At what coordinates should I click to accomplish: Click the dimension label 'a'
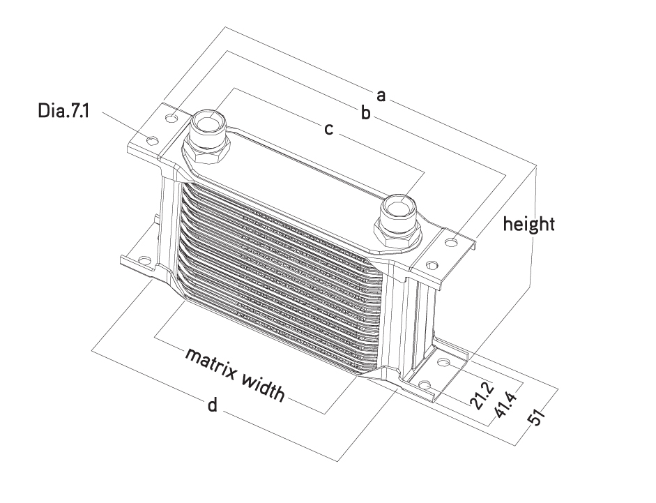point(381,96)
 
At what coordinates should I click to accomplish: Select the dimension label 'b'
point(366,112)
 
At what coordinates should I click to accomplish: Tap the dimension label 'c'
point(329,129)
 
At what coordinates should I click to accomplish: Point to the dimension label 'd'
point(213,405)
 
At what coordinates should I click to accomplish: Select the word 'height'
point(529,224)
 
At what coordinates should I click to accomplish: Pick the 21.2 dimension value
point(482,395)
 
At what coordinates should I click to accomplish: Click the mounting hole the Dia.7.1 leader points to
point(152,140)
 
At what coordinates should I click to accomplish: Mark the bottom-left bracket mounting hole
point(144,260)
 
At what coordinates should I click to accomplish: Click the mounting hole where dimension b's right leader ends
point(452,242)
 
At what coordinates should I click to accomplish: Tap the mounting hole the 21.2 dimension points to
point(443,362)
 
